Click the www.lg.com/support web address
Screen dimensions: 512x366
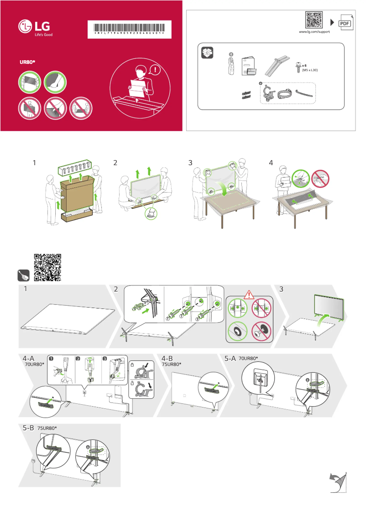[x=314, y=32]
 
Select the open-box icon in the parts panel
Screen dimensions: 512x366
[x=208, y=53]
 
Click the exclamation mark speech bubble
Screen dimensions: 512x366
[x=156, y=70]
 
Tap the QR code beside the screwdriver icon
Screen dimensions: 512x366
[x=48, y=267]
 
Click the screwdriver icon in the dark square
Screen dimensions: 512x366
[x=23, y=276]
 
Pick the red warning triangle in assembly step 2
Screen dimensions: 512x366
[x=249, y=294]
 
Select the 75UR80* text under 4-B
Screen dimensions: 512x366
[x=172, y=364]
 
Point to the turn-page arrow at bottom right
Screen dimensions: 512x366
[x=338, y=483]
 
